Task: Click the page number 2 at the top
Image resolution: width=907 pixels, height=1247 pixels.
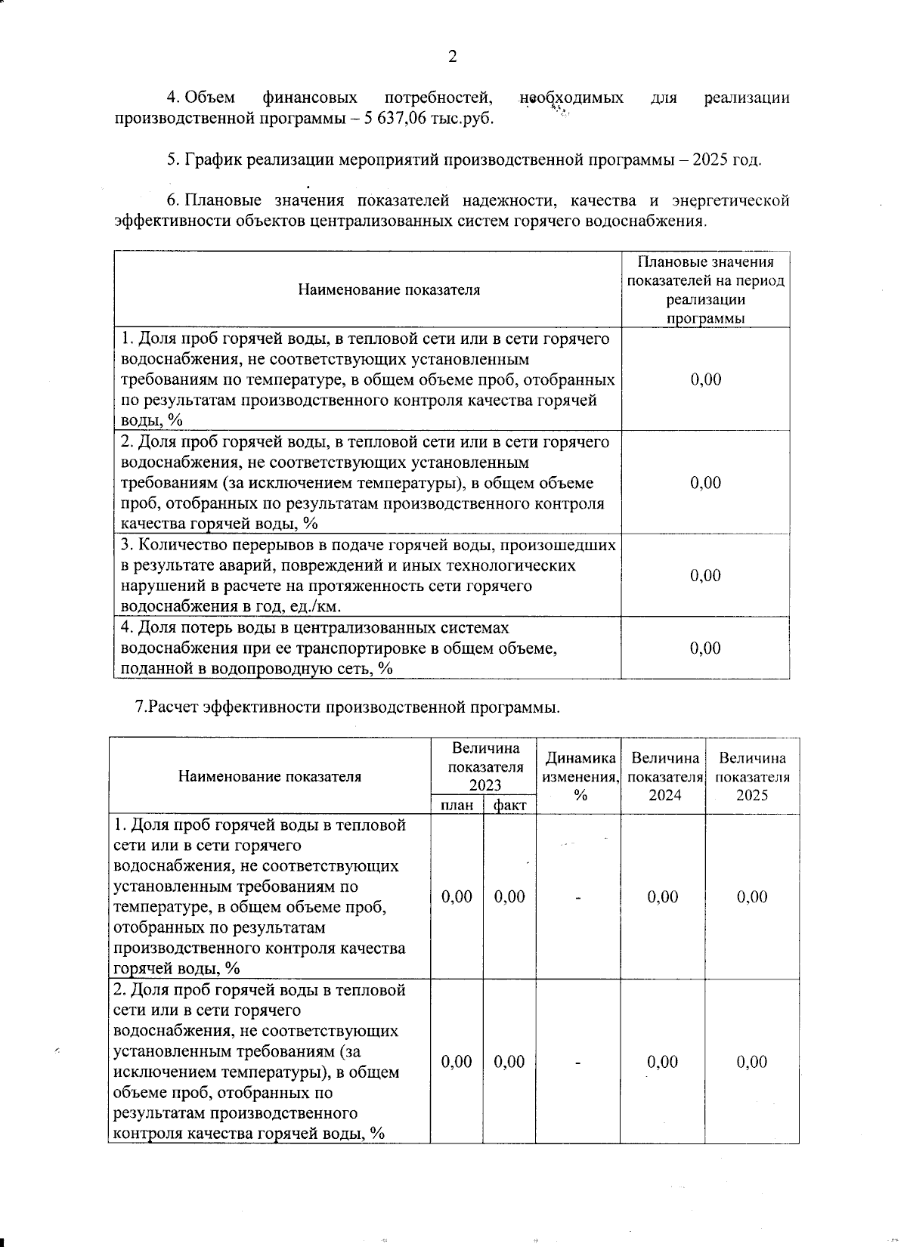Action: point(453,57)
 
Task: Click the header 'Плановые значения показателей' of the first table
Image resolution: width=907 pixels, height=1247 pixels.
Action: point(706,289)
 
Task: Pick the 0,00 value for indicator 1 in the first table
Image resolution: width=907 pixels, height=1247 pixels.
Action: point(706,379)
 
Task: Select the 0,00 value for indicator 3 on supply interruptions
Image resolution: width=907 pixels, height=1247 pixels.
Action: point(706,576)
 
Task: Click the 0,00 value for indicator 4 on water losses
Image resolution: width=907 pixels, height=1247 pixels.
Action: point(706,648)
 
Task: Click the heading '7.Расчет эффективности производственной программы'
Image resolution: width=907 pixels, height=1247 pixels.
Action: point(348,707)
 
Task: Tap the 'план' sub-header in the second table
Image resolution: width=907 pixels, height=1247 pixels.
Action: point(457,806)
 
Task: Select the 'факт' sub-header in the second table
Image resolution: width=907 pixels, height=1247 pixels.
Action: point(509,806)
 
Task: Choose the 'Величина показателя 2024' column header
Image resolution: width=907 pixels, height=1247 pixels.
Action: point(664,776)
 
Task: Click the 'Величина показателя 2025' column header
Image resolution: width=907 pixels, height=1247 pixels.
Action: point(752,776)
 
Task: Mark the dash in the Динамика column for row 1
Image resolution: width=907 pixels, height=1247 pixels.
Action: point(578,898)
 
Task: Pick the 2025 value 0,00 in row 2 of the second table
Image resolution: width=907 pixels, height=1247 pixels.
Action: point(752,1062)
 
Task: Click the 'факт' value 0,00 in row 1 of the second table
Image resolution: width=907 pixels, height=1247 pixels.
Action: point(509,897)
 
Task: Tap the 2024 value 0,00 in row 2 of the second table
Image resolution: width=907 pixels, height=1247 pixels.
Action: point(663,1062)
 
